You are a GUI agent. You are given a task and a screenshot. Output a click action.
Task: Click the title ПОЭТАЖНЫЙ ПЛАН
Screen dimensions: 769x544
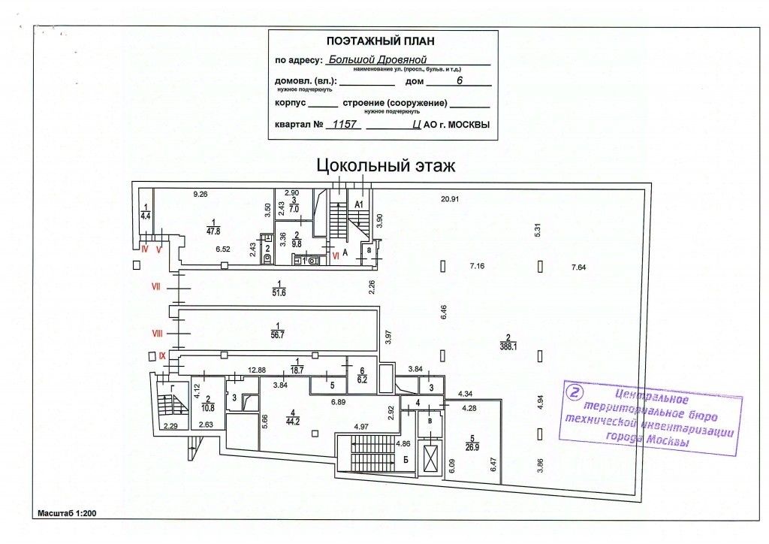pyautogui.click(x=380, y=41)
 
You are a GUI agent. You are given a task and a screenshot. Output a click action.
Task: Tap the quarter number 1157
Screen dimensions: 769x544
pyautogui.click(x=343, y=125)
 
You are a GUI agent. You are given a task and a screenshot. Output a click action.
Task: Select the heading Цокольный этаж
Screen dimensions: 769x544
pyautogui.click(x=385, y=165)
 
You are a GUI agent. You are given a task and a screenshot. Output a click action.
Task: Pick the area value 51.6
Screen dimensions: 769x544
pyautogui.click(x=279, y=292)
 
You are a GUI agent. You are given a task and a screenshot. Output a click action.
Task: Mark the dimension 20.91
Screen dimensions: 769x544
pyautogui.click(x=450, y=198)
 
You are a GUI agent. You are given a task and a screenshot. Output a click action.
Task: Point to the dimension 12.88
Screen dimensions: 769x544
pyautogui.click(x=258, y=370)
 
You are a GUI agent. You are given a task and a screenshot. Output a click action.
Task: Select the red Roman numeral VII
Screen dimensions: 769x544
pyautogui.click(x=157, y=286)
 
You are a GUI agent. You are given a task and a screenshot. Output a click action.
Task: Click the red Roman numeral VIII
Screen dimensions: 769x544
pyautogui.click(x=158, y=332)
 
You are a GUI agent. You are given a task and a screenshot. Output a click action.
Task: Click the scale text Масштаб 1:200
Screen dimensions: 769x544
pyautogui.click(x=67, y=514)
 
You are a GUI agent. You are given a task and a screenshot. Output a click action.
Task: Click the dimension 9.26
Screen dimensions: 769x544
pyautogui.click(x=200, y=195)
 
